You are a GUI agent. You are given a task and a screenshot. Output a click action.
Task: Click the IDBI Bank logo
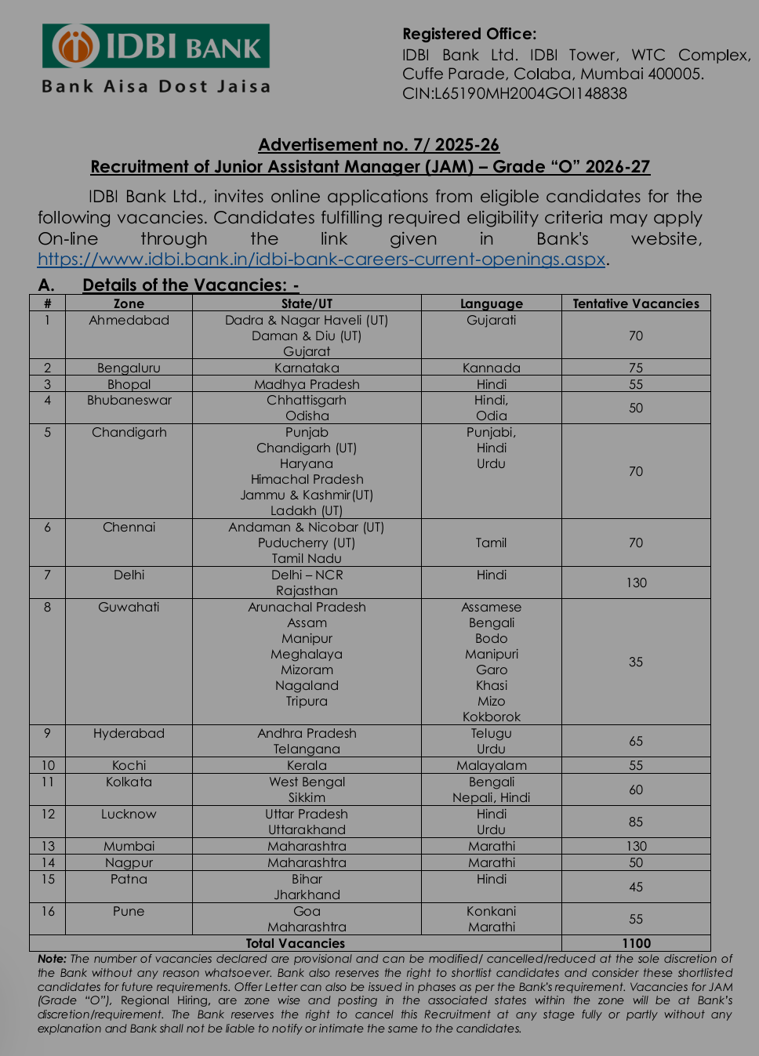[156, 46]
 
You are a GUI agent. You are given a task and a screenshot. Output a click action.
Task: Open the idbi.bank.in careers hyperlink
[321, 259]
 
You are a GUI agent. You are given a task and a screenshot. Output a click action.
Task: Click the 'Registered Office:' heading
[469, 34]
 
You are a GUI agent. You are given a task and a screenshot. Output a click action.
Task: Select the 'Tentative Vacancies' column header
[635, 303]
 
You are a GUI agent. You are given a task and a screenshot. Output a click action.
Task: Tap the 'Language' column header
[491, 303]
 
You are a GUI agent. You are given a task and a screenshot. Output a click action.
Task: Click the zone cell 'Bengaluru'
[129, 368]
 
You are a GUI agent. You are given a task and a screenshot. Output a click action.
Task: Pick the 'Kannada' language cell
[491, 368]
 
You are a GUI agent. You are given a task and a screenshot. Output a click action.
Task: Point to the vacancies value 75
[635, 368]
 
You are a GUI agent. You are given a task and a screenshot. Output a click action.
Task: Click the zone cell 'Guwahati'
[129, 607]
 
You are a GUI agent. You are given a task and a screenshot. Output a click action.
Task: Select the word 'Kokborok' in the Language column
[491, 717]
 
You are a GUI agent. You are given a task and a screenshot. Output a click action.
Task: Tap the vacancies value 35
[635, 662]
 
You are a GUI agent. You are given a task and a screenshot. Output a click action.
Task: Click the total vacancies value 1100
[636, 943]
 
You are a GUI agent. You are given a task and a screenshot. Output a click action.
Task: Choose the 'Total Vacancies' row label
[295, 943]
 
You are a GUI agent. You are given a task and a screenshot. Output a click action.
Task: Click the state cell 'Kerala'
[307, 765]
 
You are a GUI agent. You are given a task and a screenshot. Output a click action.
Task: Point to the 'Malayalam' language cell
[491, 765]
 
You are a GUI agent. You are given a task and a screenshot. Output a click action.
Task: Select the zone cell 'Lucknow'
[129, 814]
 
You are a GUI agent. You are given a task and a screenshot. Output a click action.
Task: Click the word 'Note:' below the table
[52, 959]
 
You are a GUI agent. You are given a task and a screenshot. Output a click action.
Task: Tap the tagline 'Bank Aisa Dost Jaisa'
[156, 86]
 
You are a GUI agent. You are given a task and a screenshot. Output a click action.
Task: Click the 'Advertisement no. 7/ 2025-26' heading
[379, 145]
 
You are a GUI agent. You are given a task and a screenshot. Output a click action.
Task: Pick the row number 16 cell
[48, 911]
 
